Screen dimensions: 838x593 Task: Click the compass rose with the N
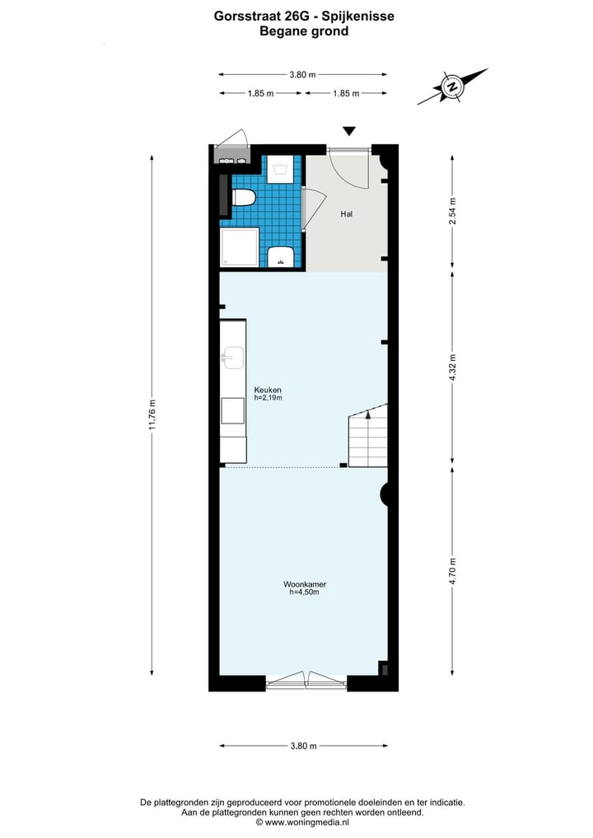(451, 86)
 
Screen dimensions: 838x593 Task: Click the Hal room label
(347, 213)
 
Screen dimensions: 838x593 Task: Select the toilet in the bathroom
(245, 198)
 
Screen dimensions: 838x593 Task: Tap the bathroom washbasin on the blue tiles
(282, 257)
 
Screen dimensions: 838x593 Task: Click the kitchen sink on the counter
(233, 357)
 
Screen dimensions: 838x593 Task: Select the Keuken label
(268, 389)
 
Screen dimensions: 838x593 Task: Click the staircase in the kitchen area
(368, 436)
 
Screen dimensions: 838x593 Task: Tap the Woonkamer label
(303, 584)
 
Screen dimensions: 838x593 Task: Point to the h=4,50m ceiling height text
(303, 592)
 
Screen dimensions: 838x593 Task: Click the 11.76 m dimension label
(152, 414)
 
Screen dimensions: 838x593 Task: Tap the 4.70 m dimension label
(451, 569)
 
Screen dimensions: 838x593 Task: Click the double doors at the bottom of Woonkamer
(307, 681)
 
